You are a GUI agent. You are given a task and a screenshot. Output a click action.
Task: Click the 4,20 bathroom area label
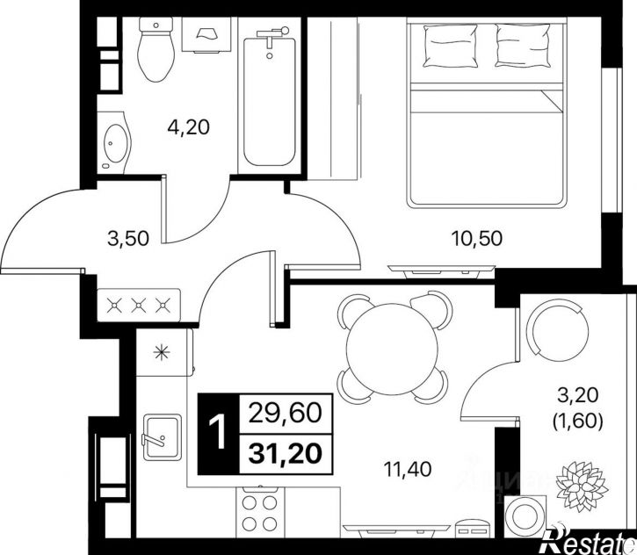[189, 127]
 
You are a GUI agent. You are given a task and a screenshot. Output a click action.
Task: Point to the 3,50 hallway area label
[128, 238]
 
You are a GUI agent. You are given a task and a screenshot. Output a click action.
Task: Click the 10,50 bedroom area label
[477, 238]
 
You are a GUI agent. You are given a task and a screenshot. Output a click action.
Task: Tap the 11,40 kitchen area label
[408, 470]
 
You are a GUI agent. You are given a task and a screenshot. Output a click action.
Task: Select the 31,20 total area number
[286, 453]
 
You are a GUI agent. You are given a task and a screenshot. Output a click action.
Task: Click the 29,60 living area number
[286, 414]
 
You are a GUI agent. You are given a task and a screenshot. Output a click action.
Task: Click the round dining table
[393, 348]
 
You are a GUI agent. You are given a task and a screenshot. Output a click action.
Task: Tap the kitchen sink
[162, 436]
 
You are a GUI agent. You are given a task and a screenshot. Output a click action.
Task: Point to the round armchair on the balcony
[557, 329]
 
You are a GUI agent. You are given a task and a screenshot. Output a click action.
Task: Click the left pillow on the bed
[450, 45]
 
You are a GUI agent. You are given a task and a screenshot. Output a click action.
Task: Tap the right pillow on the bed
[523, 45]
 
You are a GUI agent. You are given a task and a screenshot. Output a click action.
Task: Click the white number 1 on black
[219, 433]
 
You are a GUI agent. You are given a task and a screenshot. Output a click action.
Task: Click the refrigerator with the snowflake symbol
[164, 352]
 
